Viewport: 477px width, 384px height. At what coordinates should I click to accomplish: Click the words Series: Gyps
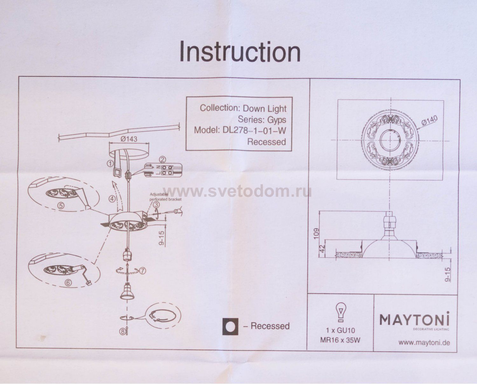[262, 120]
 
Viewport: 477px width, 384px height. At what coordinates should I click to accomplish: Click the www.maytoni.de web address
[424, 343]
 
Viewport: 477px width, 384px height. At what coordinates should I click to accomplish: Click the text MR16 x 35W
[340, 341]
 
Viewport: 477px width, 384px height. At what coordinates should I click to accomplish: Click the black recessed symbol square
[230, 326]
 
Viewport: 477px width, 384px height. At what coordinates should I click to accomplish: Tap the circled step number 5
[61, 205]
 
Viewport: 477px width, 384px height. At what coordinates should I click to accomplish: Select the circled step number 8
[123, 332]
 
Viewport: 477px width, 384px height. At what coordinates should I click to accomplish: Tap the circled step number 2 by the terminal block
[162, 159]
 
